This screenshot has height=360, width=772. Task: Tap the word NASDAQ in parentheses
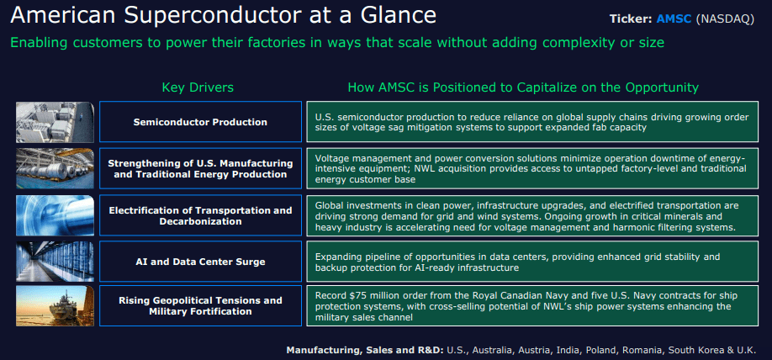point(726,19)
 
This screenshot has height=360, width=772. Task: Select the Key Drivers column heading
point(198,87)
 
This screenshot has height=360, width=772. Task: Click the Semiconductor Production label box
point(200,122)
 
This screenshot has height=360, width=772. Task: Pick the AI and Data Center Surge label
point(200,262)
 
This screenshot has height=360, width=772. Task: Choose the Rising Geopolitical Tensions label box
point(200,305)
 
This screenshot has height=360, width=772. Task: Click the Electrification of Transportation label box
point(200,215)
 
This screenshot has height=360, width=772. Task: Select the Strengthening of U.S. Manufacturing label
point(200,168)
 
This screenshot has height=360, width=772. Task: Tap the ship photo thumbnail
point(55,306)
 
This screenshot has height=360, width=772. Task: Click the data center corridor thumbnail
point(55,262)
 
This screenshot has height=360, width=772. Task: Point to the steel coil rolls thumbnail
point(55,168)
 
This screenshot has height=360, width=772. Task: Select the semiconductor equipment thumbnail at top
point(55,122)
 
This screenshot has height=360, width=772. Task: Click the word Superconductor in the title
point(194,15)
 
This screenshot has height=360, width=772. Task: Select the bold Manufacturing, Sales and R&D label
point(364,349)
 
